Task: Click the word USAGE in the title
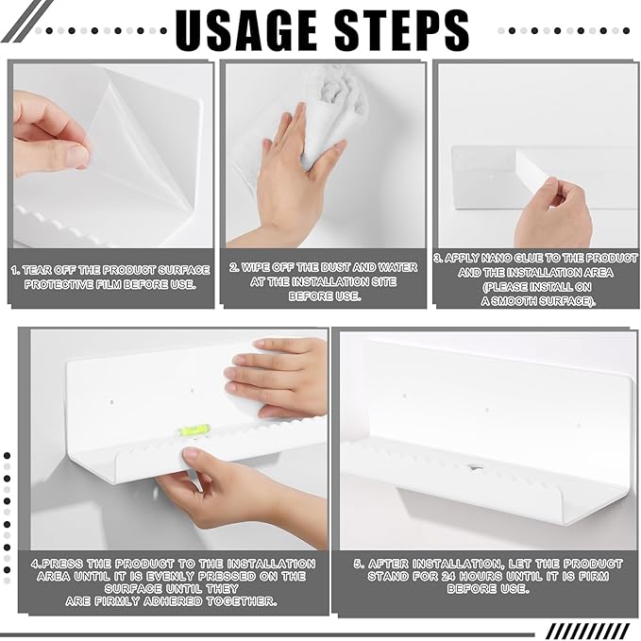point(246,30)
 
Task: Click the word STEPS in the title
point(402,30)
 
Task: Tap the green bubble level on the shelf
point(194,430)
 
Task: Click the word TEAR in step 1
point(37,270)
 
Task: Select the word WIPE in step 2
point(256,267)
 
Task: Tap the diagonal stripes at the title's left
point(27,21)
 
